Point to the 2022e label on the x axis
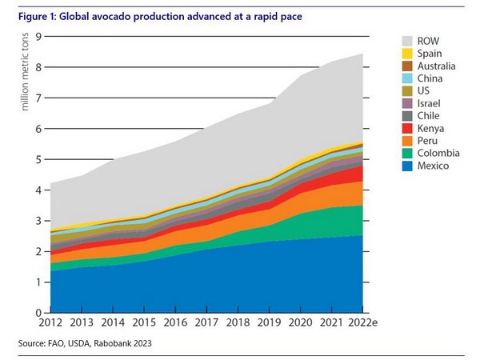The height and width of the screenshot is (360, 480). pyautogui.click(x=364, y=323)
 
